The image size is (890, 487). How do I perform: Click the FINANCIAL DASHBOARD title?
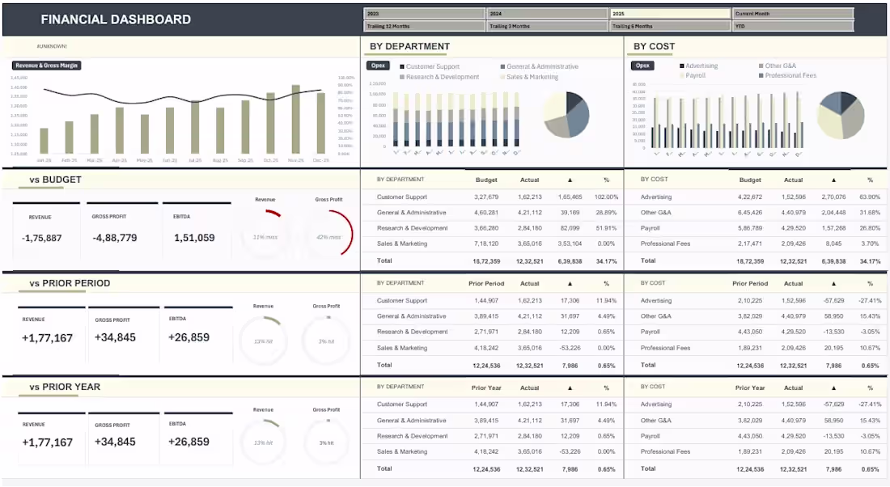pyautogui.click(x=116, y=19)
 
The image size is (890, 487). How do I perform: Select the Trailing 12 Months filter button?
pyautogui.click(x=425, y=26)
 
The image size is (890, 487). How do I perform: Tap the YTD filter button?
pyautogui.click(x=793, y=26)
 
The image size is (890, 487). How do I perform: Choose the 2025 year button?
pyautogui.click(x=671, y=13)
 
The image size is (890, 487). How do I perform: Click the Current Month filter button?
pyautogui.click(x=793, y=13)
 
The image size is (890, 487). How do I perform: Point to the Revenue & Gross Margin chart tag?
pyautogui.click(x=47, y=66)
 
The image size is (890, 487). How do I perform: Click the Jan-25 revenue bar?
pyautogui.click(x=43, y=141)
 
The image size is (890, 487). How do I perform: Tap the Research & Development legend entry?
pyautogui.click(x=442, y=77)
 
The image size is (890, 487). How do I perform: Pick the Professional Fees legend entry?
pyautogui.click(x=790, y=75)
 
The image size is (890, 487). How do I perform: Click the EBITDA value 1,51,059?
pyautogui.click(x=194, y=238)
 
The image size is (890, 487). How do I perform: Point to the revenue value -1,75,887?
pyautogui.click(x=41, y=238)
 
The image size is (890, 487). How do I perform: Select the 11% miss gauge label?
pyautogui.click(x=264, y=237)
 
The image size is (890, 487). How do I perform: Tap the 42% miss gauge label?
pyautogui.click(x=328, y=237)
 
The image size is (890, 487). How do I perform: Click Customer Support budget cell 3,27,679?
pyautogui.click(x=486, y=197)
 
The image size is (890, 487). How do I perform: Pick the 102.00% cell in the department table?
pyautogui.click(x=606, y=197)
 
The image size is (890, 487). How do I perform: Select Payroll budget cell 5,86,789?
pyautogui.click(x=750, y=228)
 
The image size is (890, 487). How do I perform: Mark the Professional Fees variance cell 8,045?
pyautogui.click(x=833, y=243)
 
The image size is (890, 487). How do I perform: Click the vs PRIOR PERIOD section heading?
pyautogui.click(x=70, y=283)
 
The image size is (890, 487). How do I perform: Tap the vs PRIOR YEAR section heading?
pyautogui.click(x=65, y=387)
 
